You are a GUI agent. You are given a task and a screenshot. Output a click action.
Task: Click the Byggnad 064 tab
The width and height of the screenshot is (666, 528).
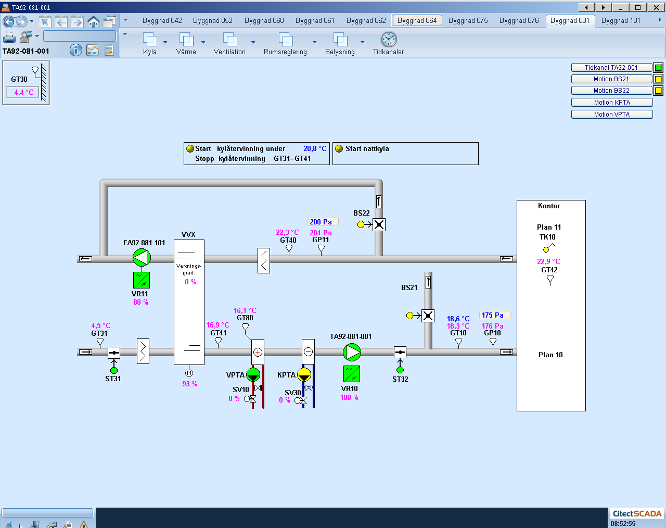417,21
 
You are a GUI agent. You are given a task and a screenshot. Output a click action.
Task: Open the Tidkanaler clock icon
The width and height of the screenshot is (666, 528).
388,40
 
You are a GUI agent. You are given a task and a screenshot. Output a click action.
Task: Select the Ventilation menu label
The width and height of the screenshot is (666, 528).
229,52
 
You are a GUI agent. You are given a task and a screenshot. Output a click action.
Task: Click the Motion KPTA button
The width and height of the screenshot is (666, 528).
612,103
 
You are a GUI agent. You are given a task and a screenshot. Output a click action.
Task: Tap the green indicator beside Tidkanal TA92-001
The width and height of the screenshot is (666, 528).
658,68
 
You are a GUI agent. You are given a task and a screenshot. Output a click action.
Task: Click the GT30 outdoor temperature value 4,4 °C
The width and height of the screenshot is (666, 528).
23,92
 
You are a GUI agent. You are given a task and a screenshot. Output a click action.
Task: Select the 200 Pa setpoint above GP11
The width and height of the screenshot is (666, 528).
321,222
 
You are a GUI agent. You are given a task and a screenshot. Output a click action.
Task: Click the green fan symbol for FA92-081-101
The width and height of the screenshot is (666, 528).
142,257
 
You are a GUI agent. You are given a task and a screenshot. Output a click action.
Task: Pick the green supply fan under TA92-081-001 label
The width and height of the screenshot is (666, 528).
352,352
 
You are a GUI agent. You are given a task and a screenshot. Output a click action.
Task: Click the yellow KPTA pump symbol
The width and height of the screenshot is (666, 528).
304,375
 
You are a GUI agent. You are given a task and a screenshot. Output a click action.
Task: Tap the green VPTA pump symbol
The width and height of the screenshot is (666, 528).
253,375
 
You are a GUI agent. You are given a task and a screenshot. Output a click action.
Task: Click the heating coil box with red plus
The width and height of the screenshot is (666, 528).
258,352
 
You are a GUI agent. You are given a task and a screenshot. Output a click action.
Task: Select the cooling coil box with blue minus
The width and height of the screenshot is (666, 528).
308,352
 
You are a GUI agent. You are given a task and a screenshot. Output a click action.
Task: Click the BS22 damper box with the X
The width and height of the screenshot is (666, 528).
379,225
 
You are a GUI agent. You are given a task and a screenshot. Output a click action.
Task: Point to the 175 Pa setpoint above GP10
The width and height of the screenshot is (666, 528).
492,315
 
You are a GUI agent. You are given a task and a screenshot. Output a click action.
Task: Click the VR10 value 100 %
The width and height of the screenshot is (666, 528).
349,398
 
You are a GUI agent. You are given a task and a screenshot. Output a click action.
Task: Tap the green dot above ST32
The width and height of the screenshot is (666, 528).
400,370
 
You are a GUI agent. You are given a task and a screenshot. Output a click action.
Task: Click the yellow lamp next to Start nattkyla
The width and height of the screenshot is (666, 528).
339,148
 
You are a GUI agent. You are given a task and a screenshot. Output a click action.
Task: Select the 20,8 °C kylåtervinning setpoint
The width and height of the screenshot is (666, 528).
315,148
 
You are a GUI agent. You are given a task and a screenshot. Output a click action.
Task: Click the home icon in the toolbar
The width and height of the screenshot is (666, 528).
93,22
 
